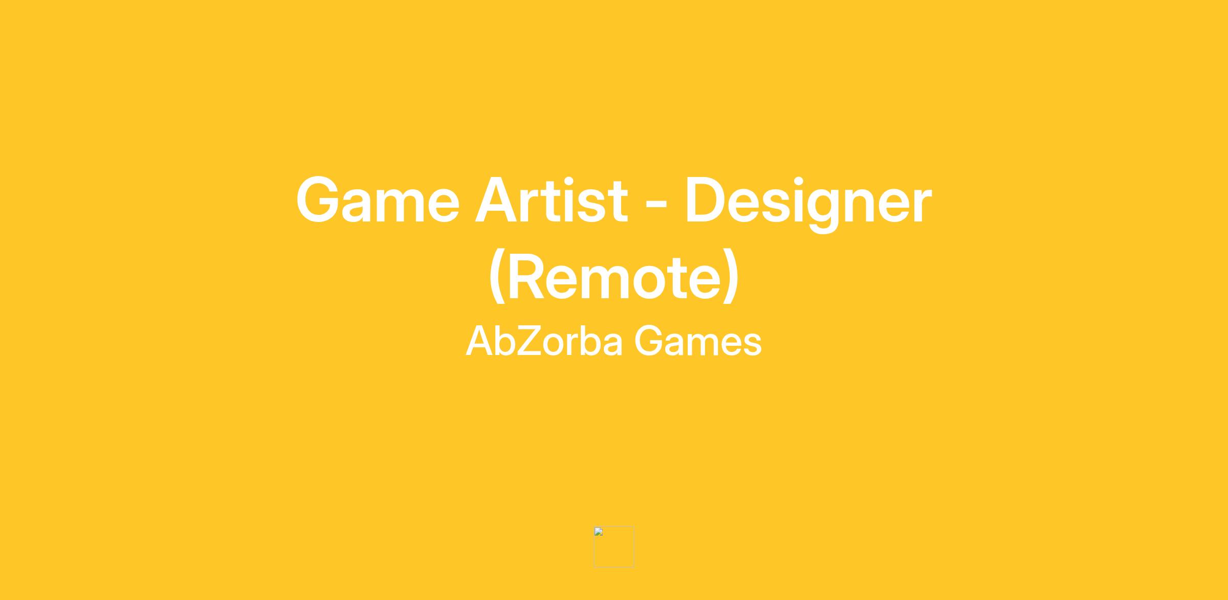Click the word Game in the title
coord(378,199)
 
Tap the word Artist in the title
coord(551,199)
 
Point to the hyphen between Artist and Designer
coord(656,204)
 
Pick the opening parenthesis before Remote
coord(497,277)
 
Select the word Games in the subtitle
coord(698,341)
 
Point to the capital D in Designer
coord(707,200)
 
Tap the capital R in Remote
coord(528,276)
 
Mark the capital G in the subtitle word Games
coord(649,341)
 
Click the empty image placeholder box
coord(614,547)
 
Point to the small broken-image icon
coord(599,531)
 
